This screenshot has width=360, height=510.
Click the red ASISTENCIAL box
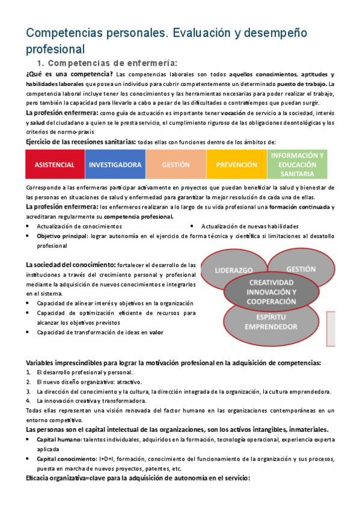[x=55, y=164]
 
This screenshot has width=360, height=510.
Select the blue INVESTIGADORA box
[x=115, y=164]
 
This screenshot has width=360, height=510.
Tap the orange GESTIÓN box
[x=175, y=164]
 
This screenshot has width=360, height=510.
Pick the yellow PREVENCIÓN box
[x=236, y=164]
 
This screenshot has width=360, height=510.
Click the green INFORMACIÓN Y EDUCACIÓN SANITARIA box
[x=297, y=164]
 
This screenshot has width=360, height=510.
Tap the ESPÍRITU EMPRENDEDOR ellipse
[x=270, y=321]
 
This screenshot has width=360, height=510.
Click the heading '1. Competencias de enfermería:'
[x=107, y=63]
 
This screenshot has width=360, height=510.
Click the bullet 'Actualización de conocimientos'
[x=79, y=226]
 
